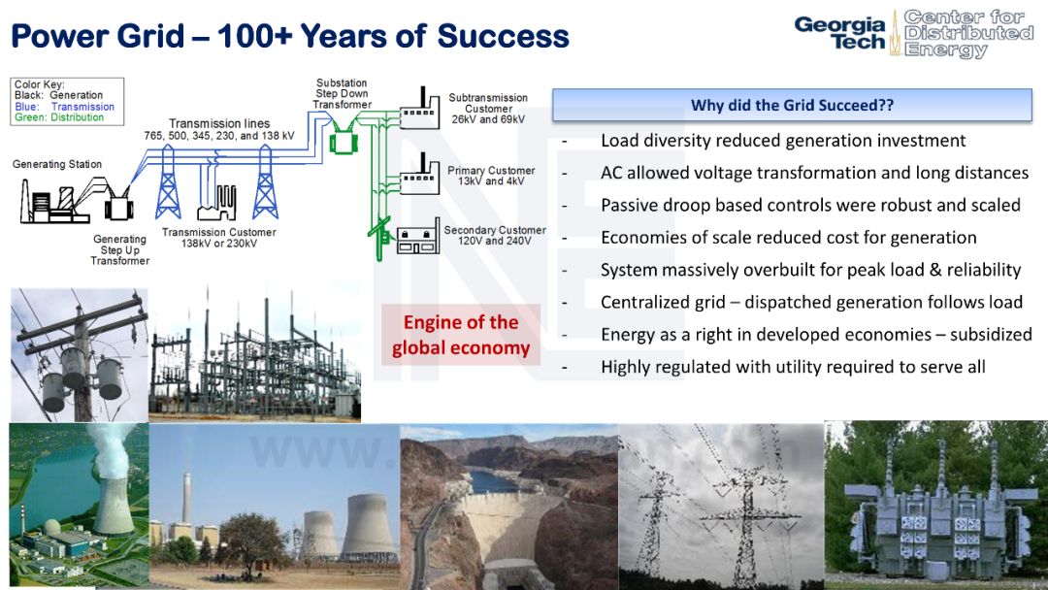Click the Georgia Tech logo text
(x=839, y=33)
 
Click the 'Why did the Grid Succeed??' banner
(x=792, y=105)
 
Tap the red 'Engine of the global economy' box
(x=461, y=335)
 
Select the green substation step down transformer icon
(x=344, y=141)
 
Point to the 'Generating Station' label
(x=57, y=164)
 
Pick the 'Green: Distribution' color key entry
(x=59, y=117)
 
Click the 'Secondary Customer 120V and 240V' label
(x=495, y=235)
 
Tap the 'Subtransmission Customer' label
(x=488, y=103)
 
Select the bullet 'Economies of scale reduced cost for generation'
(x=789, y=238)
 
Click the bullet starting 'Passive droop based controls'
(x=810, y=205)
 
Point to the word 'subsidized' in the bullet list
(x=991, y=334)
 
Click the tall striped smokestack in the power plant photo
(x=186, y=497)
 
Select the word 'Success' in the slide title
(x=503, y=35)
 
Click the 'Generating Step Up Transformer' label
(x=119, y=250)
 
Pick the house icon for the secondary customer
(x=418, y=239)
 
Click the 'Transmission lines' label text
(x=219, y=123)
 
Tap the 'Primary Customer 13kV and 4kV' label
(x=491, y=176)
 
